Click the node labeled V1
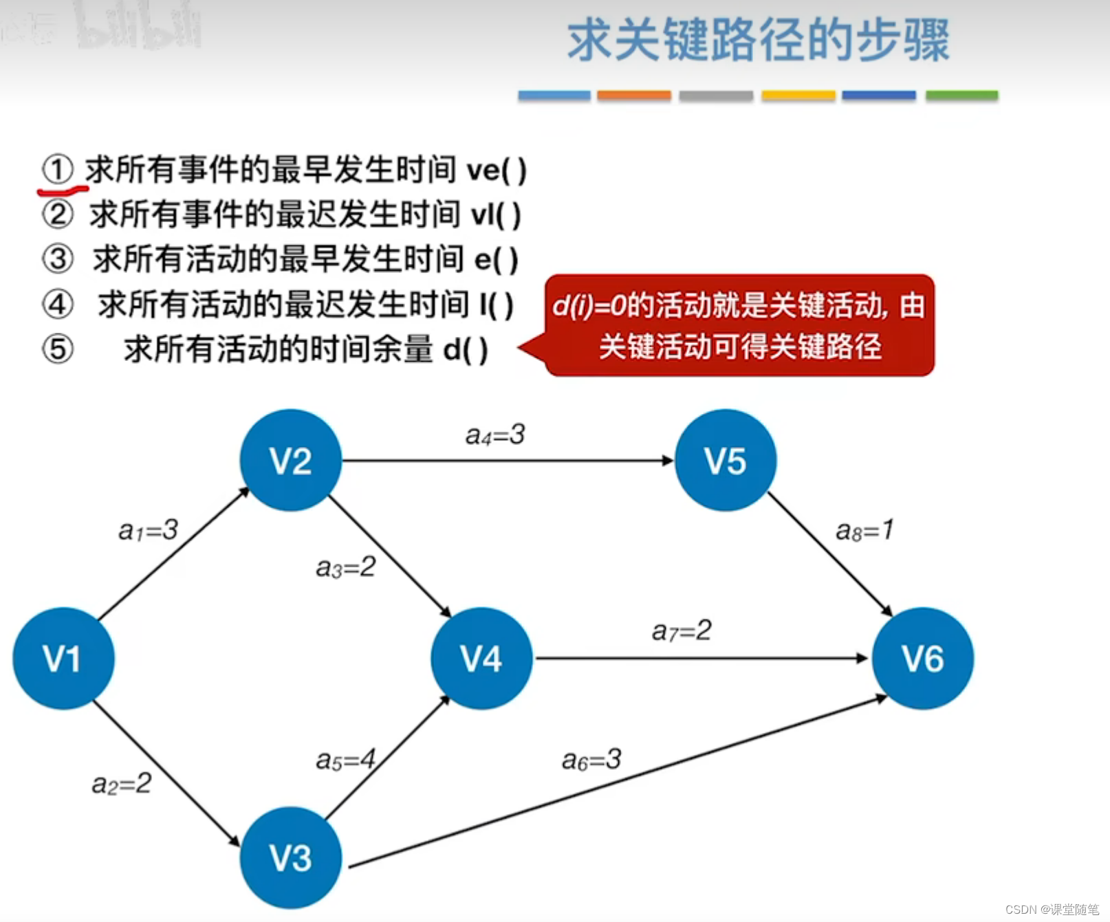pyautogui.click(x=63, y=658)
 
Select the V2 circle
pyautogui.click(x=290, y=460)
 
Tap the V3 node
pyautogui.click(x=290, y=857)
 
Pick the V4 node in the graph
pyautogui.click(x=481, y=658)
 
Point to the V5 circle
pyautogui.click(x=726, y=460)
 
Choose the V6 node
pyautogui.click(x=923, y=658)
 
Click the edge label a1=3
pyautogui.click(x=148, y=530)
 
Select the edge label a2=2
pyautogui.click(x=122, y=783)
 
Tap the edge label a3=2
pyautogui.click(x=345, y=567)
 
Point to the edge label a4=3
pyautogui.click(x=495, y=435)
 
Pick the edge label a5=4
pyautogui.click(x=345, y=760)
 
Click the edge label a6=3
pyautogui.click(x=591, y=760)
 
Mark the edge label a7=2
pyautogui.click(x=682, y=630)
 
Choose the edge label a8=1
pyautogui.click(x=864, y=530)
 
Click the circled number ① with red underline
pyautogui.click(x=58, y=169)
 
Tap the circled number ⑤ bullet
pyautogui.click(x=58, y=349)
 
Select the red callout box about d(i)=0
pyautogui.click(x=739, y=325)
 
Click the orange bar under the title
pyautogui.click(x=633, y=96)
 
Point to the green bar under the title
pyautogui.click(x=961, y=96)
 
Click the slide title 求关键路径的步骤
pyautogui.click(x=758, y=40)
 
